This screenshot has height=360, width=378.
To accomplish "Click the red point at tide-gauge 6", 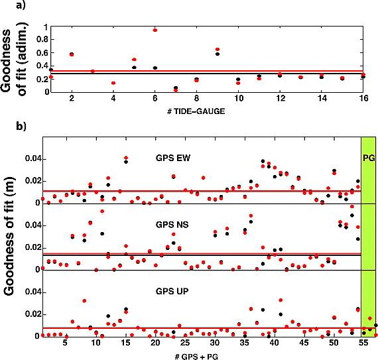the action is pyautogui.click(x=155, y=30).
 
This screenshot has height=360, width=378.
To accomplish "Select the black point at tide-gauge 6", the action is pyautogui.click(x=155, y=68).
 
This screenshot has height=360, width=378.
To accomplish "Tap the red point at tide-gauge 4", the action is pyautogui.click(x=113, y=83).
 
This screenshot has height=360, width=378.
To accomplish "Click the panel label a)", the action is pyautogui.click(x=21, y=5).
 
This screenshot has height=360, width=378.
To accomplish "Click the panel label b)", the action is pyautogui.click(x=21, y=126).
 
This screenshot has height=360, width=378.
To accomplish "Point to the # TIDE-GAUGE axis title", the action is pyautogui.click(x=196, y=111).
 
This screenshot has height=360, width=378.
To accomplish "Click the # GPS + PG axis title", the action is pyautogui.click(x=196, y=357).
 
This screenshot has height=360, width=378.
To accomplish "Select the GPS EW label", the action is pyautogui.click(x=173, y=158).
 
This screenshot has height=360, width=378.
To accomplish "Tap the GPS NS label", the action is pyautogui.click(x=172, y=225).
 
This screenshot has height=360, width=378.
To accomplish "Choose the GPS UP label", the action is pyautogui.click(x=172, y=291).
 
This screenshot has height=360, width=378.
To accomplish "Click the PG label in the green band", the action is pyautogui.click(x=369, y=158).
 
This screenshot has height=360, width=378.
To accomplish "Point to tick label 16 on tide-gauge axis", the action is pyautogui.click(x=363, y=98).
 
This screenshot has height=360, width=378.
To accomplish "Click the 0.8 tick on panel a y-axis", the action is pyautogui.click(x=42, y=39).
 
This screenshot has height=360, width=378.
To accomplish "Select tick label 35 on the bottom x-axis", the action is pyautogui.click(x=245, y=343).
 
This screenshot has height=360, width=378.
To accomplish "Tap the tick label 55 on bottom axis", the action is pyautogui.click(x=363, y=343).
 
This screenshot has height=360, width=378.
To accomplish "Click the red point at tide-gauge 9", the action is pyautogui.click(x=218, y=50).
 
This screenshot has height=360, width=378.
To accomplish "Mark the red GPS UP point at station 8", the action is pyautogui.click(x=84, y=301).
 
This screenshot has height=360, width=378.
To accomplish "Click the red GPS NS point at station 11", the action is pyautogui.click(x=102, y=211).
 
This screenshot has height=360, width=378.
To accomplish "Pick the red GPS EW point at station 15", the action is pyautogui.click(x=126, y=158).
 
